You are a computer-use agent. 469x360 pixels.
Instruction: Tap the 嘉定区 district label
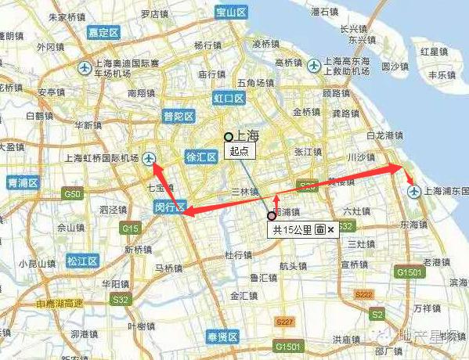[x=103, y=33]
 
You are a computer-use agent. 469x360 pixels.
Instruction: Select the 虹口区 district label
[x=229, y=99]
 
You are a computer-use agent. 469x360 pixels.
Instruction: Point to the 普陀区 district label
[x=178, y=116]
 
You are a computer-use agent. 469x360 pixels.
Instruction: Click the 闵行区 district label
[x=168, y=208]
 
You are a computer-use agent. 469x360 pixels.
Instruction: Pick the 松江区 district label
[x=81, y=261]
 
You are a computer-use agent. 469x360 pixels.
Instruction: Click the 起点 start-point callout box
[x=238, y=150]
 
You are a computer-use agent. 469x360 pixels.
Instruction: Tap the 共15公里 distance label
[x=291, y=230]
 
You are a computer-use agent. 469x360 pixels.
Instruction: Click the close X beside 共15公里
[x=331, y=230]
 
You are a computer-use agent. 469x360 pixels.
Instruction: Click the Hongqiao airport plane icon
[x=150, y=160]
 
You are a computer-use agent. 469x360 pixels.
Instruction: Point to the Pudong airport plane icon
[x=412, y=190]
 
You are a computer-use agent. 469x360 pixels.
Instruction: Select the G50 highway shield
[x=74, y=193]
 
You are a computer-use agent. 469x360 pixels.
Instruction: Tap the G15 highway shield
[x=131, y=229]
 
